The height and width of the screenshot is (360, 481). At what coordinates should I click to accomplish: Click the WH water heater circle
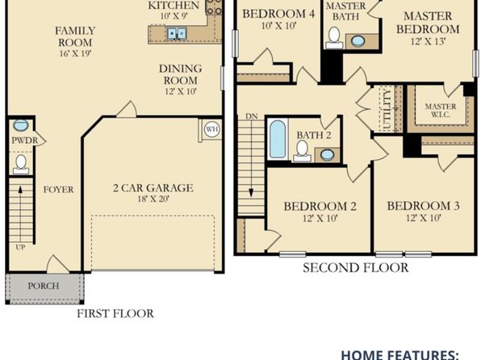tap(211, 129)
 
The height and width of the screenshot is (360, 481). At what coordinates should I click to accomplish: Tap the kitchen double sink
tap(177, 33)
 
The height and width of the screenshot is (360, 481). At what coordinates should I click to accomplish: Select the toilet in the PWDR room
tap(21, 165)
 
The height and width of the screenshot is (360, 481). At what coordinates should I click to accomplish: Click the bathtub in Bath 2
tap(278, 139)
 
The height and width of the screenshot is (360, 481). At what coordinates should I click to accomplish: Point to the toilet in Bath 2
tap(302, 151)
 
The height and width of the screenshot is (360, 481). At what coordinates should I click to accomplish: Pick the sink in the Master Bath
tap(358, 41)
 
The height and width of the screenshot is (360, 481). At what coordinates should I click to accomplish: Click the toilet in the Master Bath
tap(334, 38)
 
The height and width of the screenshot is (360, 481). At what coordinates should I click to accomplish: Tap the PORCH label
tap(44, 286)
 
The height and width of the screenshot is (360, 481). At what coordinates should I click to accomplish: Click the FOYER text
tap(59, 190)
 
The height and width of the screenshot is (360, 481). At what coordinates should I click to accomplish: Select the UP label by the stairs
tap(20, 247)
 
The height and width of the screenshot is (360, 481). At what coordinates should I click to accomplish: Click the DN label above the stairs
tap(252, 116)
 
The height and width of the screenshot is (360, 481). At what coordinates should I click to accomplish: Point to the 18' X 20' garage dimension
tap(153, 199)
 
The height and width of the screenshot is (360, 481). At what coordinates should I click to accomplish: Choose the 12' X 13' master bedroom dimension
tap(428, 41)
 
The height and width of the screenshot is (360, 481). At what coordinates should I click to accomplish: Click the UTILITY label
tap(387, 109)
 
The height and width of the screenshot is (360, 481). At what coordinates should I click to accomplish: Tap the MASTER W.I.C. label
tap(441, 111)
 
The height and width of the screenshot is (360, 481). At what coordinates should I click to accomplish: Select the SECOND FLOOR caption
tap(356, 268)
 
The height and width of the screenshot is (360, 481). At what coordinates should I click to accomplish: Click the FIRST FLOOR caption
tap(115, 314)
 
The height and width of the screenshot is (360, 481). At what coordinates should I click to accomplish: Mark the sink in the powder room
tap(21, 125)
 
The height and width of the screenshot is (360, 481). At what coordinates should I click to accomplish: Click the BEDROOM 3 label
tap(424, 206)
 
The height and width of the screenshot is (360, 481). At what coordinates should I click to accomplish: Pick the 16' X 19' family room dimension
tap(76, 53)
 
